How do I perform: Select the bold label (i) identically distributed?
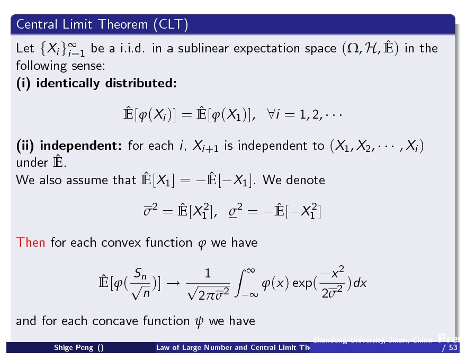[96, 84]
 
